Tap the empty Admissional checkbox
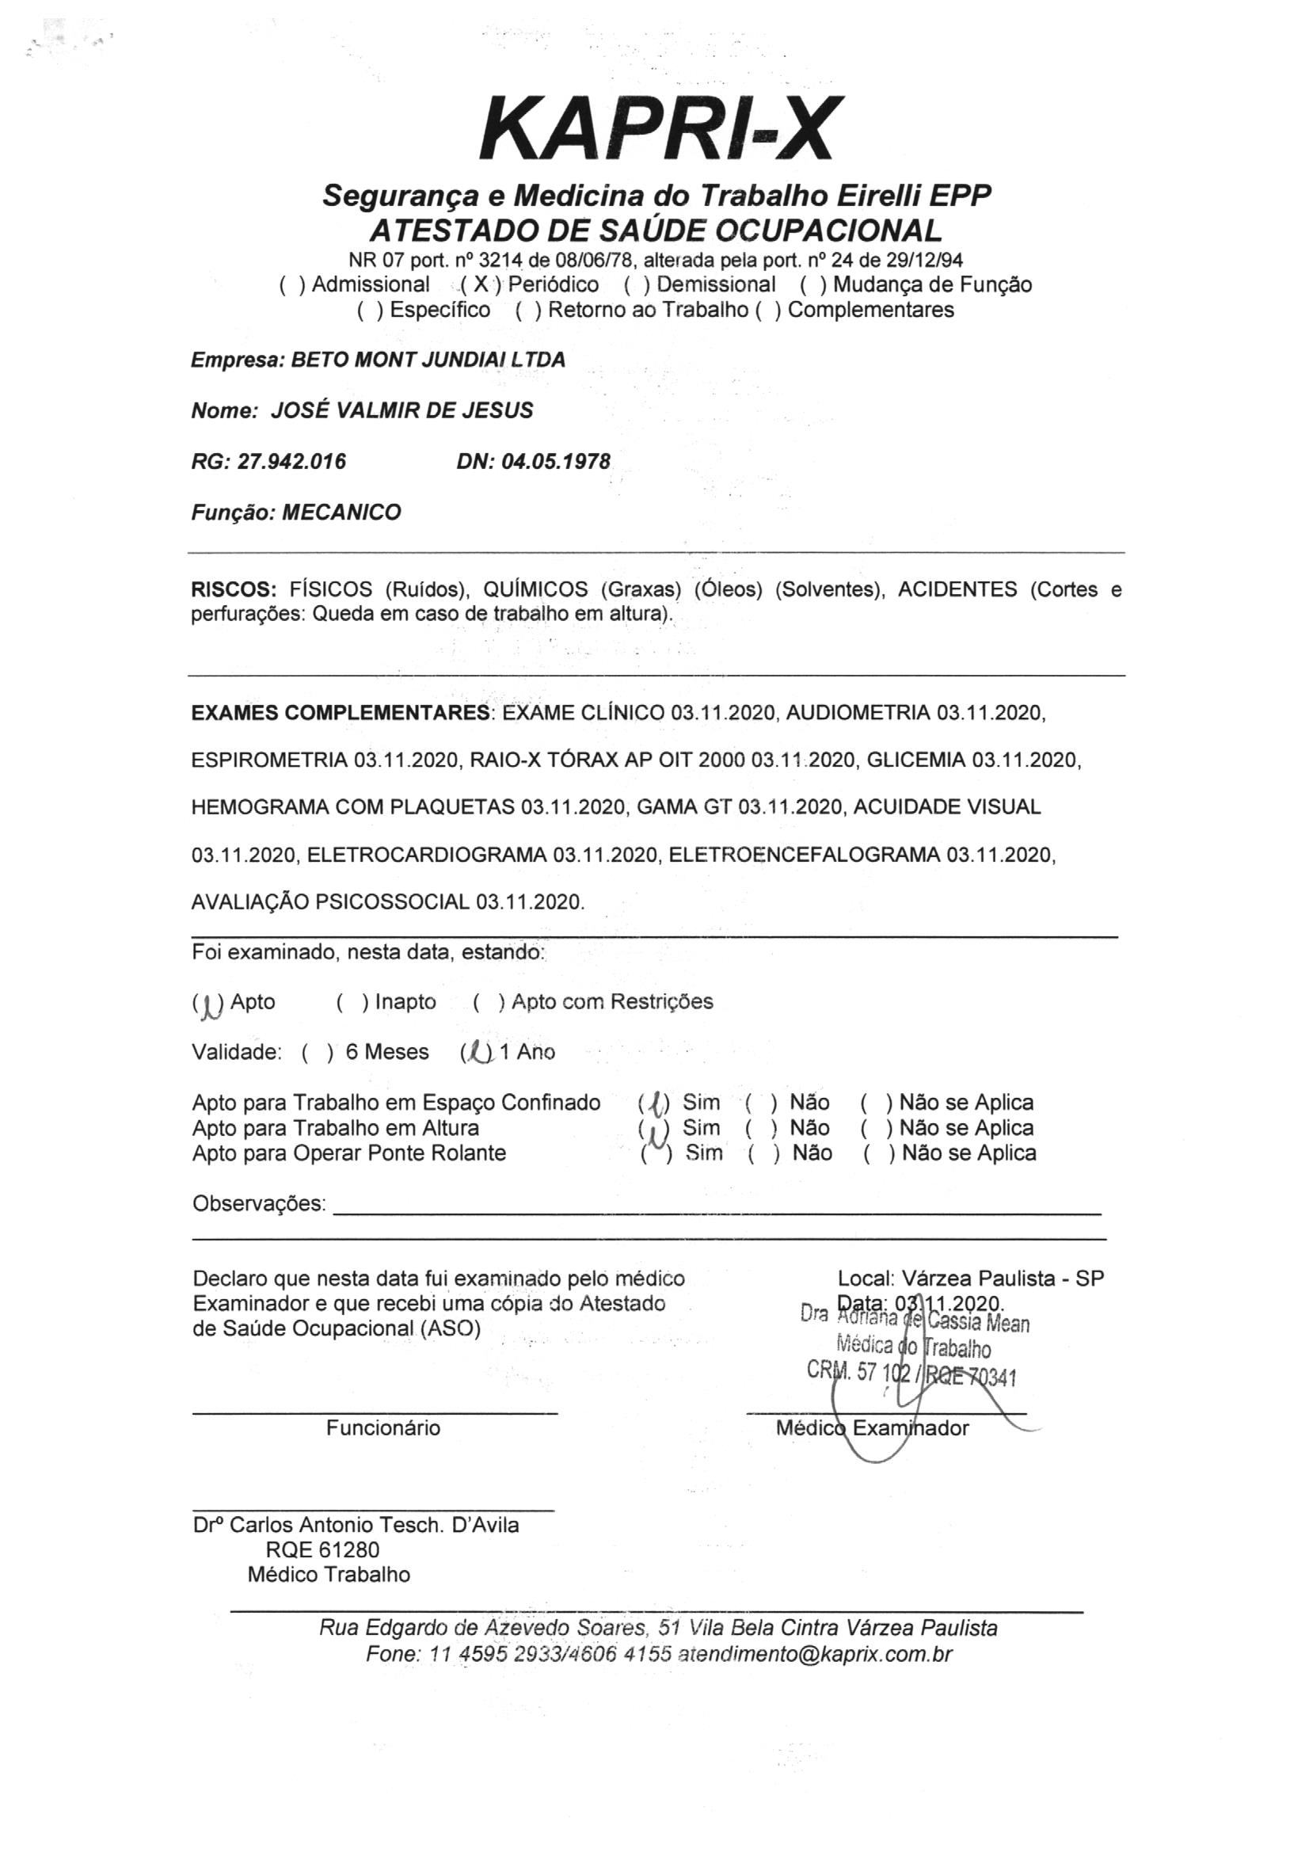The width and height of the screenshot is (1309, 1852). [292, 284]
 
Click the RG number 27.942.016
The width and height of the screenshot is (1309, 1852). [292, 461]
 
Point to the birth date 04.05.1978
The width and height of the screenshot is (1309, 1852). [556, 461]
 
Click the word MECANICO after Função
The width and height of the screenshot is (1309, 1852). [341, 513]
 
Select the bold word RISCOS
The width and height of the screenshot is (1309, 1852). [233, 589]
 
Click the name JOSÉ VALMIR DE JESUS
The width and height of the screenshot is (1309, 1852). [401, 410]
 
